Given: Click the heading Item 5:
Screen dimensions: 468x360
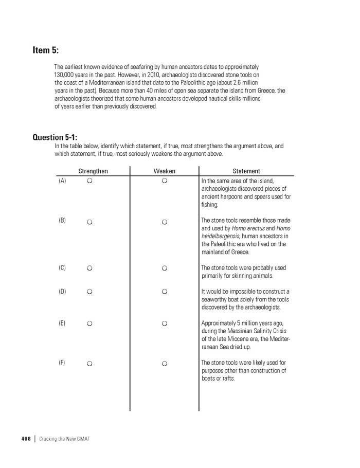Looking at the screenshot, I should pos(46,50).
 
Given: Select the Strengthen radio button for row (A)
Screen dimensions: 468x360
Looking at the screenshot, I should pos(89,181).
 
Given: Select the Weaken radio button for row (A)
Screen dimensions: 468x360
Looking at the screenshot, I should pos(165,181).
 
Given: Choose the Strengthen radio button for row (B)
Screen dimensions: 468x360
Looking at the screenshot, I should pos(89,222).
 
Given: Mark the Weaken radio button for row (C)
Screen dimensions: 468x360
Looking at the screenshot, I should pos(165,268).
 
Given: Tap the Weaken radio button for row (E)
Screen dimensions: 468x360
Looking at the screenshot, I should pos(165,324).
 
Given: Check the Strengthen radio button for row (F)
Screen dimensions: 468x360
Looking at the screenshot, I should pos(89,364).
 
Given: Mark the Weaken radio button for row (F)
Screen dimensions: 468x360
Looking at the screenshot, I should pos(165,364).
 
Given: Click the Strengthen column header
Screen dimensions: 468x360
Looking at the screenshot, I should pos(93,171).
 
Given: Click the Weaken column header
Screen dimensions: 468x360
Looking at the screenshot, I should pos(165,171).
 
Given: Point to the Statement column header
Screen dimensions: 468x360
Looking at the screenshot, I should pos(246,171).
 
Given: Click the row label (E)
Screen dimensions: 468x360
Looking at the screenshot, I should pos(62,323).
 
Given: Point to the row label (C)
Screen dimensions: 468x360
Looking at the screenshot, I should pos(62,268).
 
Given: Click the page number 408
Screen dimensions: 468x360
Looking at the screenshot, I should pos(26,438).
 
